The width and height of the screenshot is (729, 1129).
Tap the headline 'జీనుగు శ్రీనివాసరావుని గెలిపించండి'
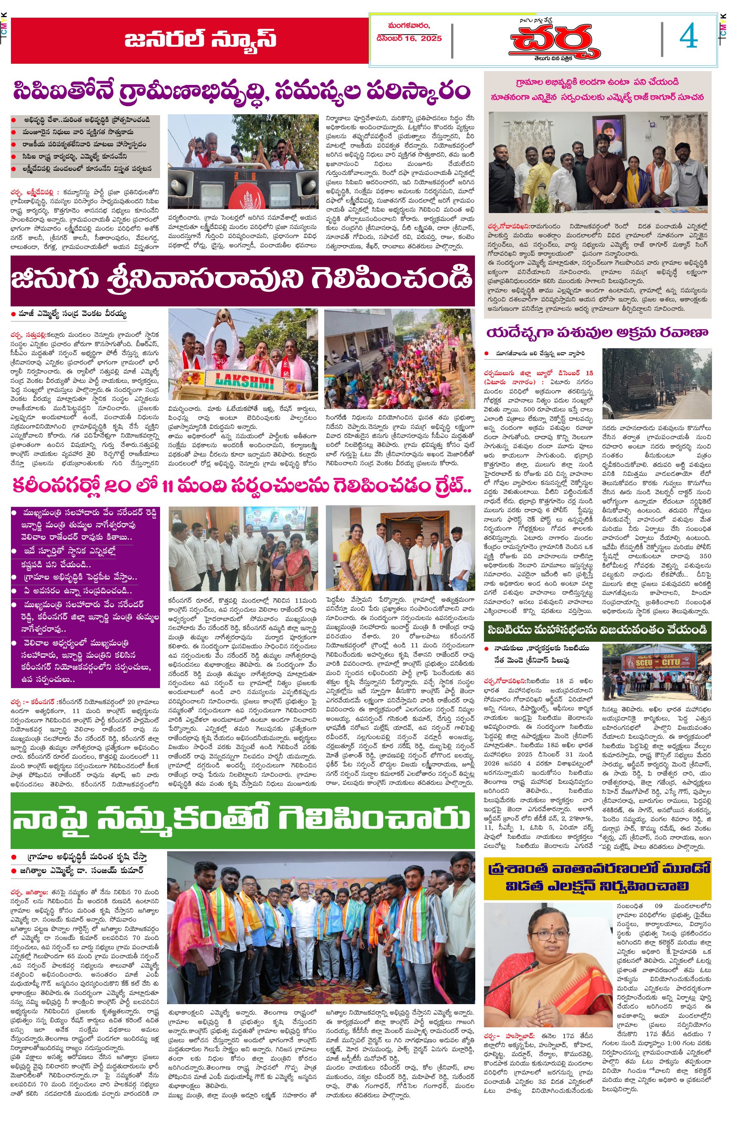(242, 280)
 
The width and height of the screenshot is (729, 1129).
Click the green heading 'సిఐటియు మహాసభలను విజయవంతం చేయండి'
(597, 630)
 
